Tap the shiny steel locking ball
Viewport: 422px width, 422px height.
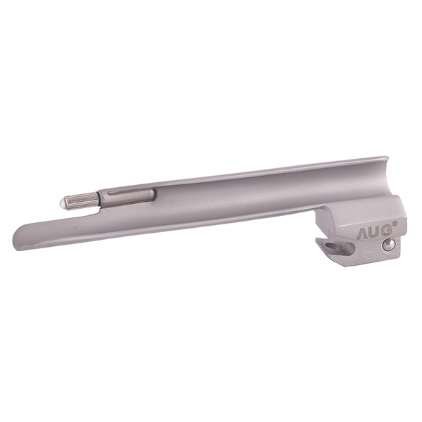click(388, 244)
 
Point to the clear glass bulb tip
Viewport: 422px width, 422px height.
click(63, 203)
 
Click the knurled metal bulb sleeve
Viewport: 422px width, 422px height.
click(82, 200)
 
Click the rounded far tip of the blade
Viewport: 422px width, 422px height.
click(17, 242)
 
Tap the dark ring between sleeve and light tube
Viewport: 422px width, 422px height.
click(98, 199)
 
